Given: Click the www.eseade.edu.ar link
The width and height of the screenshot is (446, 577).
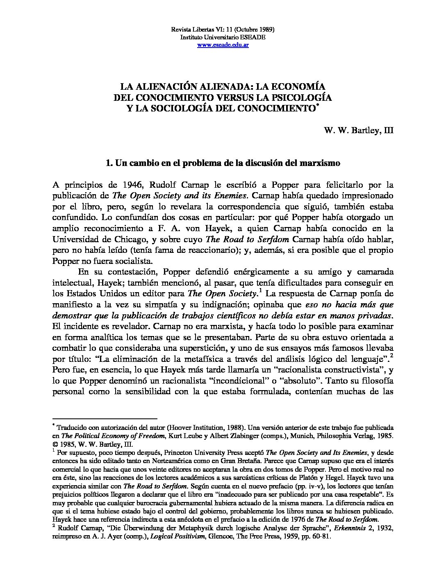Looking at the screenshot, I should click(x=223, y=45).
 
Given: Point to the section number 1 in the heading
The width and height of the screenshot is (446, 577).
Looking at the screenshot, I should click(x=108, y=163).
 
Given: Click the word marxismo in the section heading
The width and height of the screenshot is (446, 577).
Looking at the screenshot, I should click(x=322, y=163).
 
